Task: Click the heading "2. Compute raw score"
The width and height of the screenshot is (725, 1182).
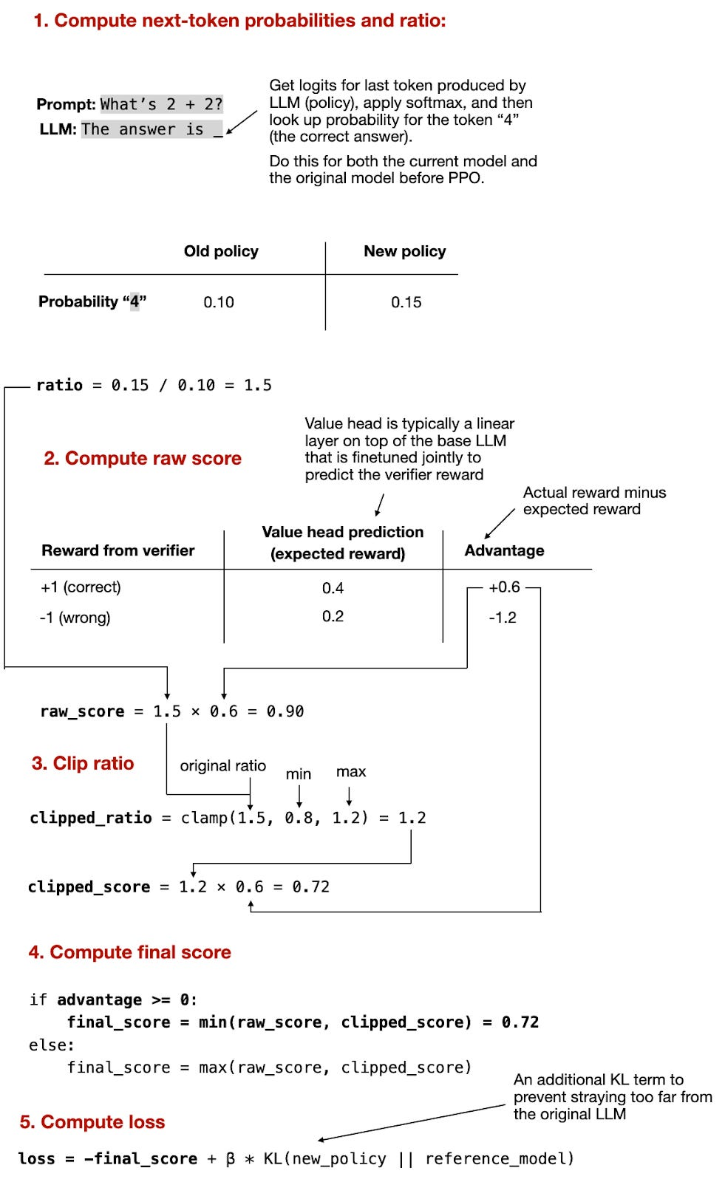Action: tap(143, 458)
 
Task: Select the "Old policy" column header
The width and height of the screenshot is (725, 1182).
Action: tap(221, 251)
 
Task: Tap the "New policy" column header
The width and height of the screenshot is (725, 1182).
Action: tap(405, 251)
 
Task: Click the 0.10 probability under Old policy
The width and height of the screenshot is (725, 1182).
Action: tap(219, 302)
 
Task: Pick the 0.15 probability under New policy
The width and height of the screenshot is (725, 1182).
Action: tap(406, 302)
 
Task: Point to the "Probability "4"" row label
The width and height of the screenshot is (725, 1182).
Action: tap(92, 301)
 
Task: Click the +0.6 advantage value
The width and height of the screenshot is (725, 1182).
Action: tap(504, 587)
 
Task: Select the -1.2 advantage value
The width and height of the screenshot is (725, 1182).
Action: tap(503, 618)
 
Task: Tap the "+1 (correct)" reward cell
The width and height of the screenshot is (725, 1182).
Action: tap(81, 587)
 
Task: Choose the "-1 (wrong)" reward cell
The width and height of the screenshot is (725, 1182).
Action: tap(75, 618)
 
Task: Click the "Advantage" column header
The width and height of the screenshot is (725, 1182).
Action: tap(504, 550)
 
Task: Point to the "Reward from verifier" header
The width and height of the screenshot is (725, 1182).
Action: tap(118, 550)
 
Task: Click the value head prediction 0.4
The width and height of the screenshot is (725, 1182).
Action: tap(333, 588)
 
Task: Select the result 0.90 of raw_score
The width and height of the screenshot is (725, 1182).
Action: tap(285, 711)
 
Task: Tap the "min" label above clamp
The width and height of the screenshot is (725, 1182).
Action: tap(299, 774)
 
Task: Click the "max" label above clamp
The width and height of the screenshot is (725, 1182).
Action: tap(351, 772)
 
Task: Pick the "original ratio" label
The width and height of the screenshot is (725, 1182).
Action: tap(222, 766)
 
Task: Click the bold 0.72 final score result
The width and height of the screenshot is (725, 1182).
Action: tap(520, 1022)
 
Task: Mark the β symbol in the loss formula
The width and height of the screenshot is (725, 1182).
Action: tap(231, 1158)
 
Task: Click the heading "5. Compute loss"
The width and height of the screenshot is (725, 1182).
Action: tap(92, 1122)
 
